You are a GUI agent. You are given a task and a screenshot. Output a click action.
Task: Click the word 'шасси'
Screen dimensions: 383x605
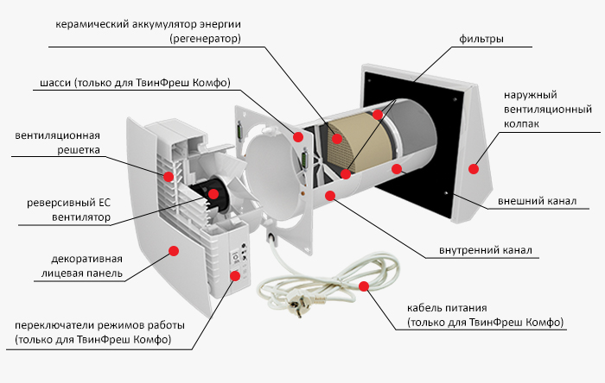(x=56, y=84)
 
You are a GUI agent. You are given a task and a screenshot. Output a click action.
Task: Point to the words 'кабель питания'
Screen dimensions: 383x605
(x=447, y=307)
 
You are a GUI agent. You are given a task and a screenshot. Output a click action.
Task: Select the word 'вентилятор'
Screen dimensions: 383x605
(x=77, y=218)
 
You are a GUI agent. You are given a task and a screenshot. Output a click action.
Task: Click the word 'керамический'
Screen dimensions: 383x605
(x=88, y=23)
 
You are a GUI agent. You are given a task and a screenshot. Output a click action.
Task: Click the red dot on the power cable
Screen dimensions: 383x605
(x=363, y=286)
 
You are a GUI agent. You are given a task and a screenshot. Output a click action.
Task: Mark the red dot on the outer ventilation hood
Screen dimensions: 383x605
(x=474, y=169)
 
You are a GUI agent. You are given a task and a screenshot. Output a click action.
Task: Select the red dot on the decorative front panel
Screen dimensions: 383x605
(x=173, y=250)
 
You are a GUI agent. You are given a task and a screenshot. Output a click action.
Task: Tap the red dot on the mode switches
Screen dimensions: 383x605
(x=234, y=276)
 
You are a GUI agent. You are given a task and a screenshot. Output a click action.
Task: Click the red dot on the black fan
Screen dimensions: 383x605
(x=211, y=196)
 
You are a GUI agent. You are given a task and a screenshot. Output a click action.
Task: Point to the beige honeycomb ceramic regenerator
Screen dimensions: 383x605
(x=350, y=147)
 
